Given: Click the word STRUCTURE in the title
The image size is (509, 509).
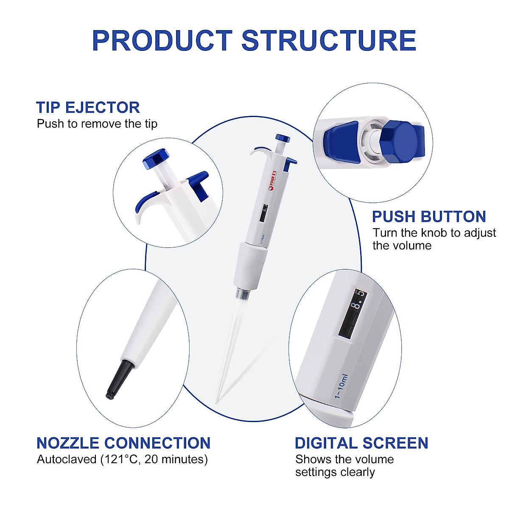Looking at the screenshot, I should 329,41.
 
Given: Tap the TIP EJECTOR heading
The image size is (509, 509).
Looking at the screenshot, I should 88,107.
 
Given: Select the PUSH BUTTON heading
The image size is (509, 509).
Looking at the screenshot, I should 429,217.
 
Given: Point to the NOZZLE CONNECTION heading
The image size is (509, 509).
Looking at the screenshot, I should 123,443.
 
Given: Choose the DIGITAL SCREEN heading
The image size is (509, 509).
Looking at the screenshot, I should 361,443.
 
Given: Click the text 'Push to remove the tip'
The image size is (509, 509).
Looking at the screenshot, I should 97,124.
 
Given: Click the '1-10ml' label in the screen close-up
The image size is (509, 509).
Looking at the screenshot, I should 341,386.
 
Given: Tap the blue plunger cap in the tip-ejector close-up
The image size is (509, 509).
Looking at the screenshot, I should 155,158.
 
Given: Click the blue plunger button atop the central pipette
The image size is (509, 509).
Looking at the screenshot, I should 282,138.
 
